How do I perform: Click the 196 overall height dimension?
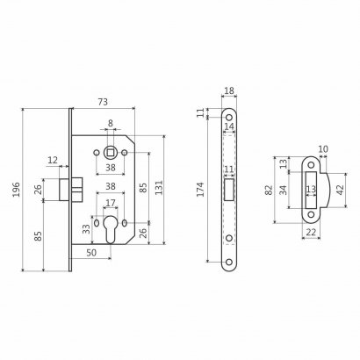coord(16,190)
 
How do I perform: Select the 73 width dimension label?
coord(103,102)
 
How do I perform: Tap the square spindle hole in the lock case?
coord(111,153)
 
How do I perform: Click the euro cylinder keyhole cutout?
coord(111,229)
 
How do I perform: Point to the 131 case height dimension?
coord(158,188)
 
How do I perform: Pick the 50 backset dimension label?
coord(91,253)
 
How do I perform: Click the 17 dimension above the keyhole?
coord(111,203)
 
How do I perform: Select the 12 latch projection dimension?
coord(53,160)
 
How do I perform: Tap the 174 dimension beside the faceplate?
coord(200,190)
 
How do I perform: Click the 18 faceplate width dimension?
coord(229,90)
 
